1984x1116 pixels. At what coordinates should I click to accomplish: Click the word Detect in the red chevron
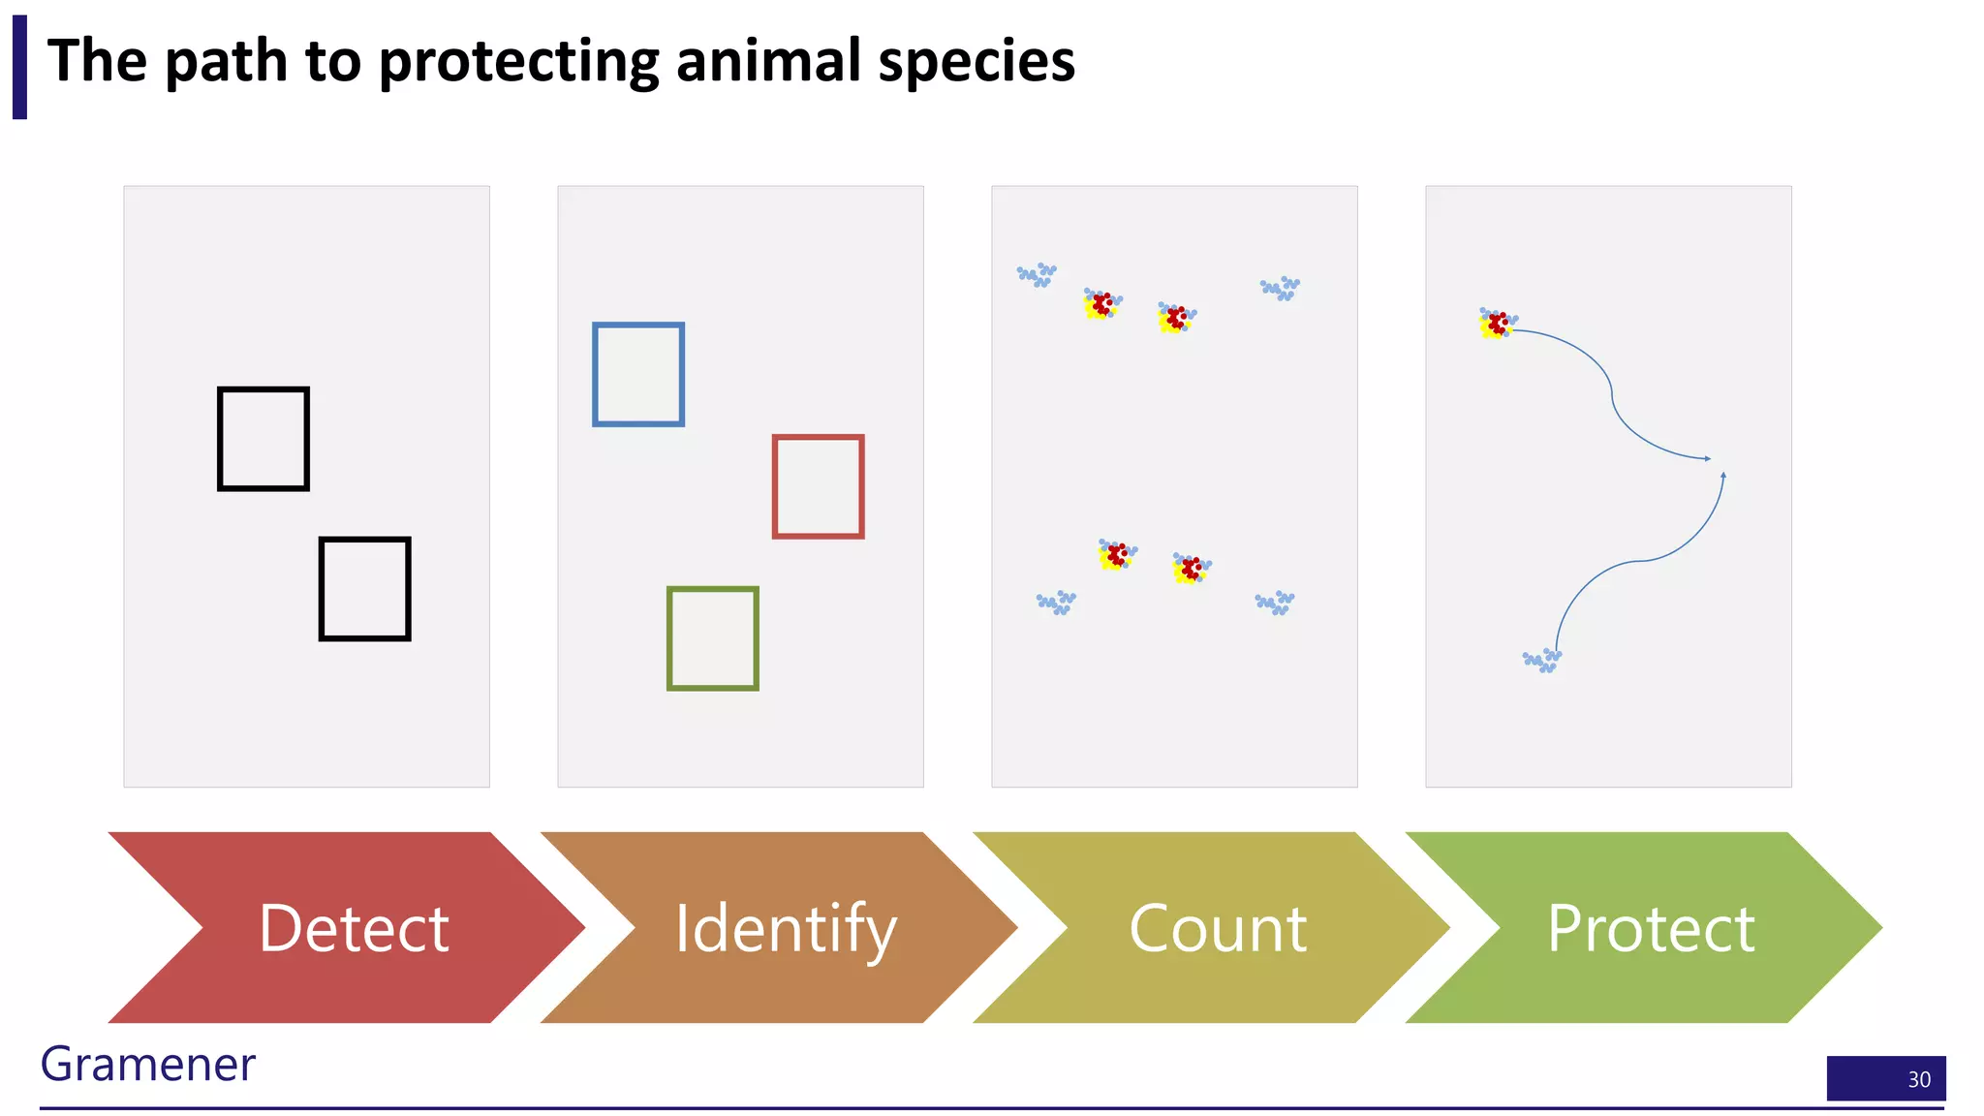[x=354, y=928]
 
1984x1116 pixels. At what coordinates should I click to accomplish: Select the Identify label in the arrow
[x=786, y=928]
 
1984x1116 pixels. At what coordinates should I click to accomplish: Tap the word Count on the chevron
[x=1218, y=928]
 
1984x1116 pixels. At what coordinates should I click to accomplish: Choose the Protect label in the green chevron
[x=1651, y=928]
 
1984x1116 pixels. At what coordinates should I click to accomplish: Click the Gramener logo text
[x=147, y=1064]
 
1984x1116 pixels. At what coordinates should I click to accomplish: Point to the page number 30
[x=1918, y=1079]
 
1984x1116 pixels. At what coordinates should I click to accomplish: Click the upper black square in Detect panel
[x=263, y=439]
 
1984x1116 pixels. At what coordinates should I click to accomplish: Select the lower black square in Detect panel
[x=365, y=589]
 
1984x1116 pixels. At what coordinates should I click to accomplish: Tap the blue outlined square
[x=638, y=375]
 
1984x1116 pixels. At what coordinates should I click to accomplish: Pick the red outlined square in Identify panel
[x=819, y=486]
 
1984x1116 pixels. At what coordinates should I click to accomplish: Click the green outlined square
[x=713, y=638]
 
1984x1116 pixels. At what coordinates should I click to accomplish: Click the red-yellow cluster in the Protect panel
[x=1497, y=324]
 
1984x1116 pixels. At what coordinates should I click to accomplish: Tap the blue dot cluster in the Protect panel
[x=1541, y=661]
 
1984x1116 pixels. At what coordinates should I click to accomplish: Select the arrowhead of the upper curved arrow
[x=1708, y=458]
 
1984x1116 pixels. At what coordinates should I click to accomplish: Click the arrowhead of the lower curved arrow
[x=1723, y=475]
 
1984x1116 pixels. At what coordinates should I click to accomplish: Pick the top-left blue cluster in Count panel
[x=1037, y=274]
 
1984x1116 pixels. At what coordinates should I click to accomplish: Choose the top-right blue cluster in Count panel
[x=1280, y=288]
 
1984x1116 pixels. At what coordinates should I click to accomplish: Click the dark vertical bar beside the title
[x=19, y=67]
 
